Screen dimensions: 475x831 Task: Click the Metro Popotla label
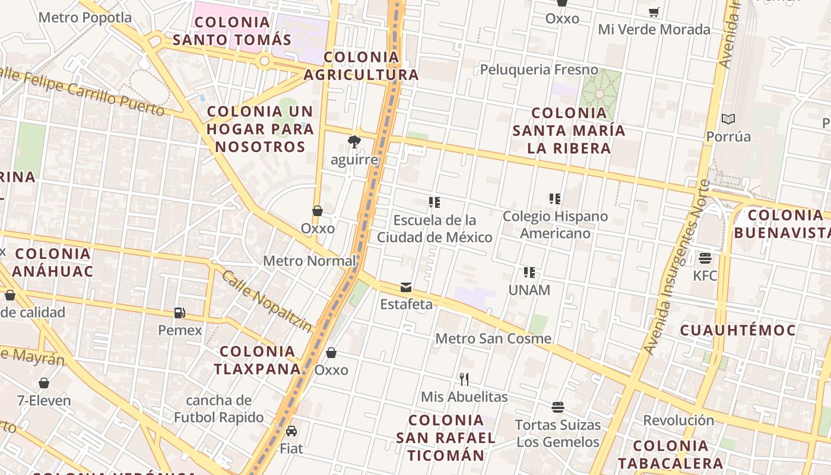click(85, 18)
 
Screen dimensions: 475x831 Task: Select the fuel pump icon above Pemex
click(179, 312)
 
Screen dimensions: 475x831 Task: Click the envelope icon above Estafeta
click(406, 287)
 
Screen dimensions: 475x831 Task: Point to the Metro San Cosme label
click(493, 338)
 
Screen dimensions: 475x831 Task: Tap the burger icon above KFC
click(705, 258)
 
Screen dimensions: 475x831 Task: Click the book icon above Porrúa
click(728, 119)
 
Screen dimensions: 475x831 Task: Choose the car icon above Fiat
click(291, 430)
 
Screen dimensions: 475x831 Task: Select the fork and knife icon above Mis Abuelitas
click(464, 379)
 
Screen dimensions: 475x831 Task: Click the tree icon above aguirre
click(354, 141)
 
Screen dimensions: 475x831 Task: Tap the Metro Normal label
click(309, 261)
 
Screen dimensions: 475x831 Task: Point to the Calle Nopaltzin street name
click(267, 301)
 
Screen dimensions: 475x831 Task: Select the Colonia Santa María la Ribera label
click(569, 131)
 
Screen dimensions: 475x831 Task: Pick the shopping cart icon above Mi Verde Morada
click(654, 12)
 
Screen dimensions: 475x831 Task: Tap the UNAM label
click(529, 290)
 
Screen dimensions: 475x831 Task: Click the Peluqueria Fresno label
click(539, 69)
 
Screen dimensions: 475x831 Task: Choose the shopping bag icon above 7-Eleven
click(43, 383)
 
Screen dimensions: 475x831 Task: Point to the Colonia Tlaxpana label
click(258, 360)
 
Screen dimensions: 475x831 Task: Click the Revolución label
click(678, 420)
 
